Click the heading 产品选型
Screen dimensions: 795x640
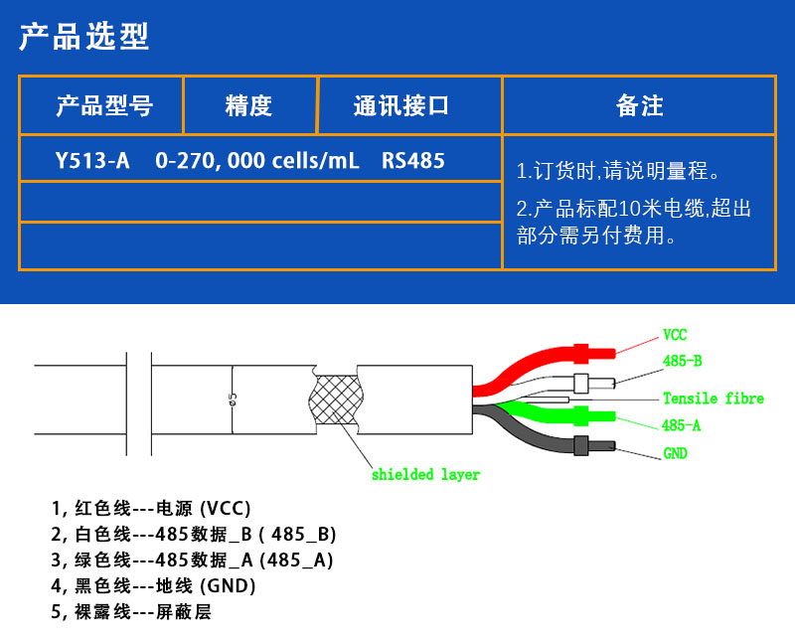pos(84,37)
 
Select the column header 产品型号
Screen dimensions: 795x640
pos(104,106)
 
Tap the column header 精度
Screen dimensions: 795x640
pos(248,106)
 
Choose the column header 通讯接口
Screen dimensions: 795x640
pos(401,106)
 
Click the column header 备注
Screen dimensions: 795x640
pos(639,106)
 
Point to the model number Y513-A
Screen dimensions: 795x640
pos(92,161)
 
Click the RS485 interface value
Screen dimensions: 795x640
pos(413,161)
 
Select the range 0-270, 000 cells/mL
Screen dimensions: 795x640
pos(257,161)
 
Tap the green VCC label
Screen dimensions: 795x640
pos(675,335)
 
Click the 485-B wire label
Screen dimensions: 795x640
pos(683,361)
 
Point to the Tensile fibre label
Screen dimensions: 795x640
pos(714,399)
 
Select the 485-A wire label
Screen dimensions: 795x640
pos(681,425)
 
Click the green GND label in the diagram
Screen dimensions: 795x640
pos(676,453)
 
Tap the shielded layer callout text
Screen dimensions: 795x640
pos(426,475)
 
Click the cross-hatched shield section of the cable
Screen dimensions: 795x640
pos(336,400)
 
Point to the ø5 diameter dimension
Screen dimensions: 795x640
pos(233,400)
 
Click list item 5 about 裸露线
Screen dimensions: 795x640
pos(131,612)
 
